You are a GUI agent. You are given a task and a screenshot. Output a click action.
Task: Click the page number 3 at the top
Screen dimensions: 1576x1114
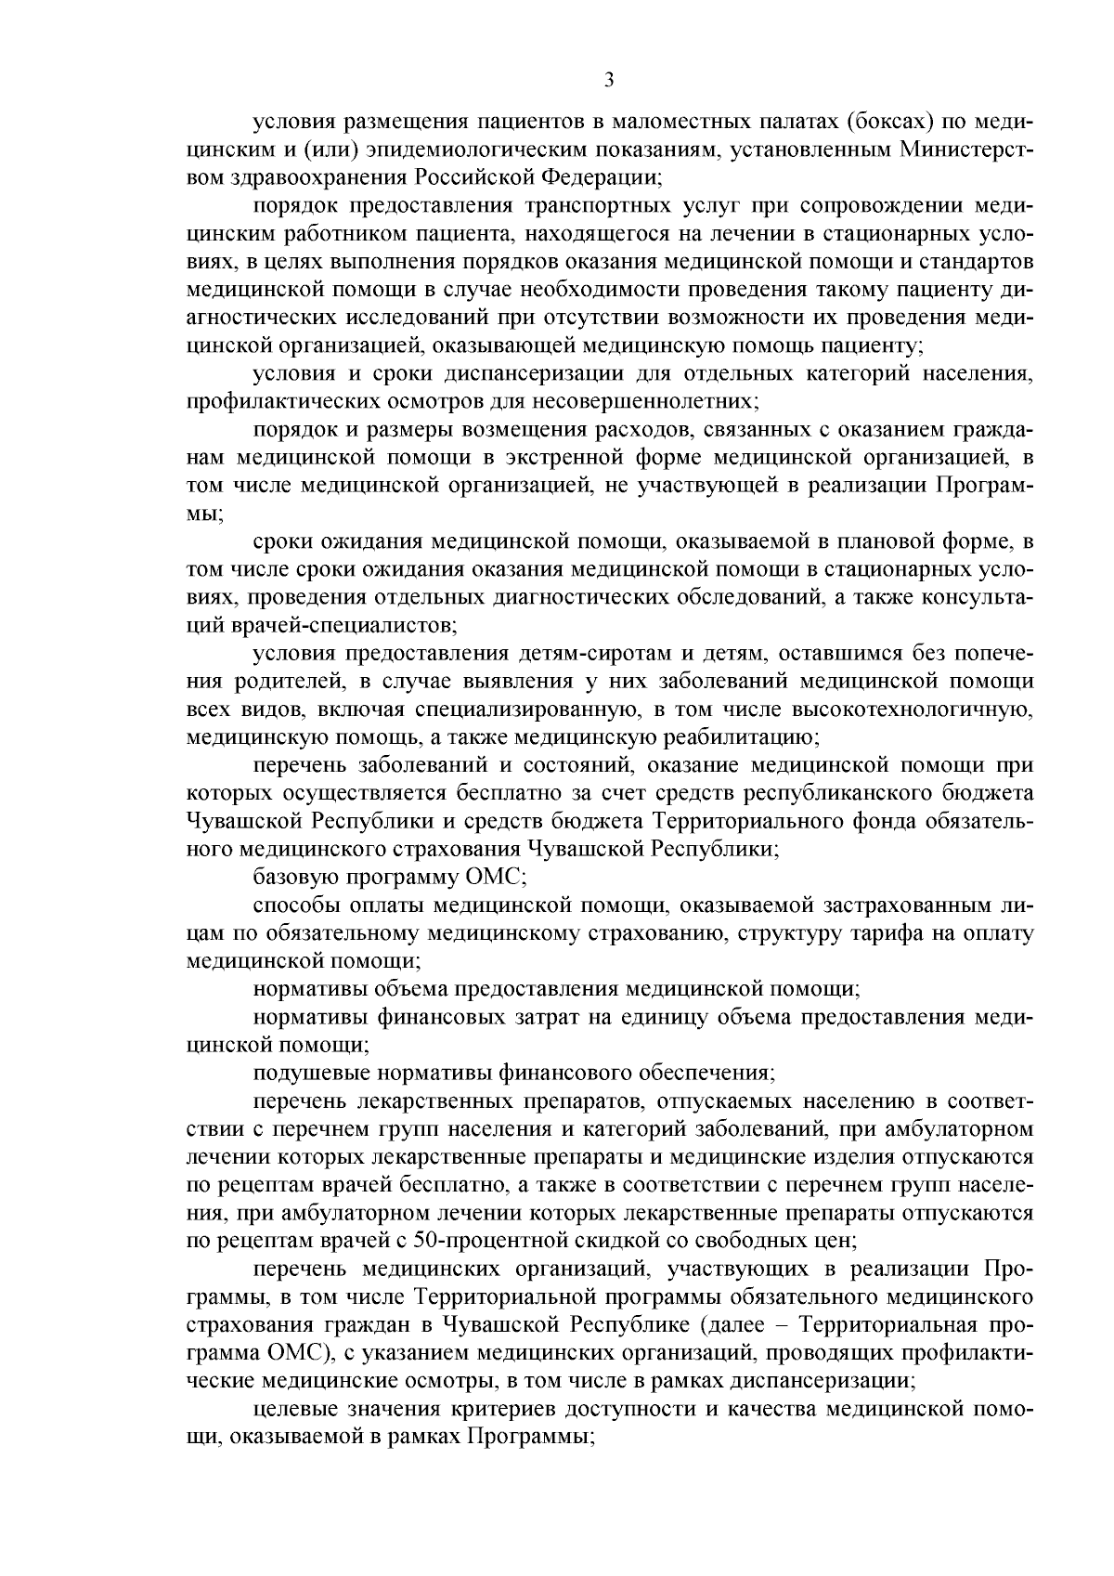point(608,80)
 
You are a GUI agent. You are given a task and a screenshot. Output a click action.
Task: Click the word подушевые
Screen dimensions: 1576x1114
point(307,1073)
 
